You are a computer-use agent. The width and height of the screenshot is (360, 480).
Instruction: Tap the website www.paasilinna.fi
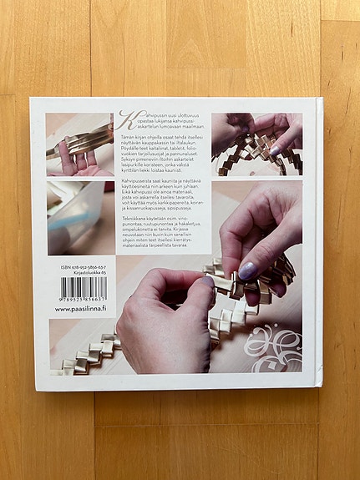click(80, 309)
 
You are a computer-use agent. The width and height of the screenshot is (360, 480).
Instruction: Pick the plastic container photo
click(79, 217)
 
